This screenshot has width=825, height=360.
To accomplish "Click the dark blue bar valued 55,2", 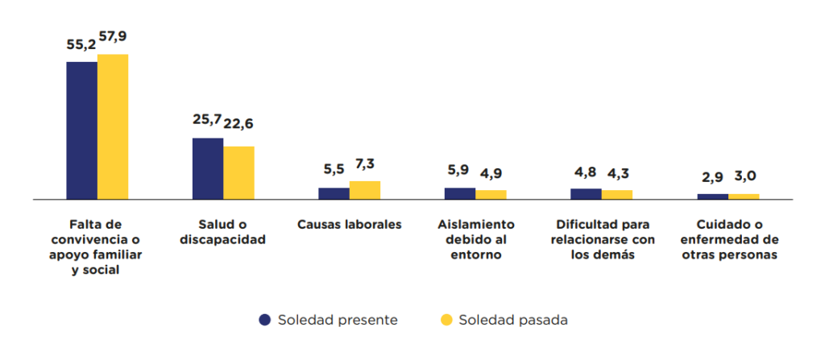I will click(x=81, y=130).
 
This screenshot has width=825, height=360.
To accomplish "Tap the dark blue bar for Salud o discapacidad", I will click(x=208, y=168).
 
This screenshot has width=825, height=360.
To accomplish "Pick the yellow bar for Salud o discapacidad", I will click(x=239, y=172).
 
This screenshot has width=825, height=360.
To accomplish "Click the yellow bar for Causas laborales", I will click(x=365, y=190).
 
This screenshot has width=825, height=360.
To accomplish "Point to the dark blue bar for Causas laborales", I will click(x=334, y=193).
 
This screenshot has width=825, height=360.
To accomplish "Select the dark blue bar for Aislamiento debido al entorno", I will click(x=460, y=193).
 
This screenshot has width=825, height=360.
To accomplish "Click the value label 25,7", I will click(x=208, y=120).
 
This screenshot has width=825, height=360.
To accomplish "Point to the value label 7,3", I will click(x=365, y=163).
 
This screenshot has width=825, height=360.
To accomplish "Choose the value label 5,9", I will click(x=459, y=170).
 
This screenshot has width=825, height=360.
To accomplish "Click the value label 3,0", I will click(x=744, y=176).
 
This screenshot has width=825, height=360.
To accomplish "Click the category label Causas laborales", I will click(x=350, y=225).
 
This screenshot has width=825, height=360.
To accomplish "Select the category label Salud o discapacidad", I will click(x=223, y=232).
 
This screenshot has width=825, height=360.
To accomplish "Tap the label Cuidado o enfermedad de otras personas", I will click(x=728, y=239).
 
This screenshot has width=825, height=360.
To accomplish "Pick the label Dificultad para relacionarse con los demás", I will click(x=602, y=239).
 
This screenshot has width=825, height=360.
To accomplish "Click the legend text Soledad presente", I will click(x=338, y=320).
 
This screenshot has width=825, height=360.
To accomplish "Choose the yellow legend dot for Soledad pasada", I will click(x=446, y=320).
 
